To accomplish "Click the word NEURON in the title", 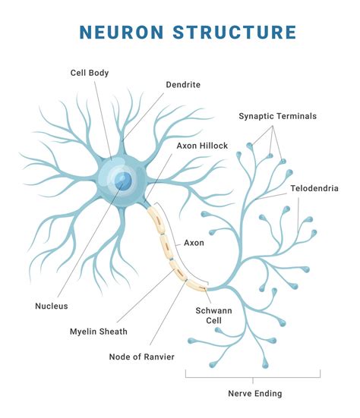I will coord(123,33).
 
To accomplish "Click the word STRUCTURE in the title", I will coord(233,33).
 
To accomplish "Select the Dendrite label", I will coord(183,85).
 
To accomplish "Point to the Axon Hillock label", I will coord(202,145).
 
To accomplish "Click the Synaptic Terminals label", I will coord(277,116).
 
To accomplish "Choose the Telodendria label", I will coord(314,187).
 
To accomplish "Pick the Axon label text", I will coord(194,244).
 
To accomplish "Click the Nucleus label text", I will coord(52,306).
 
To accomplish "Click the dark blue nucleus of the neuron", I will coord(122,181).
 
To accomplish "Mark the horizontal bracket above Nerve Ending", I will coord(253,375).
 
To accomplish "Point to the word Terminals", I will coord(295,116).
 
